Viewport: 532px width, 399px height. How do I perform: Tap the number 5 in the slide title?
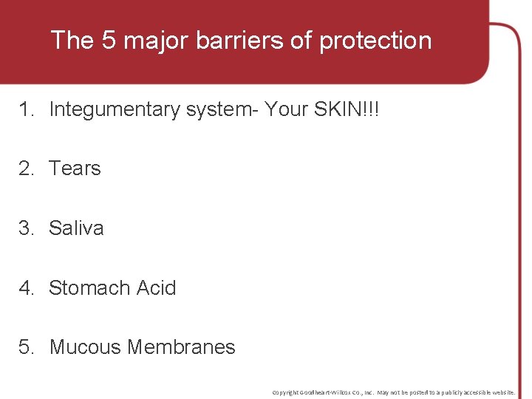click(109, 40)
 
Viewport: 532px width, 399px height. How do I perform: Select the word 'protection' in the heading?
click(375, 40)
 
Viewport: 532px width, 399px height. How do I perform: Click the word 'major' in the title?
click(157, 40)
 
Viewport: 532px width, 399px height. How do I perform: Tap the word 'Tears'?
click(75, 168)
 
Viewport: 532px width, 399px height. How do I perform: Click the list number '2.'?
click(27, 168)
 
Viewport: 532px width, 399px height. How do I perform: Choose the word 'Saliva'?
click(76, 228)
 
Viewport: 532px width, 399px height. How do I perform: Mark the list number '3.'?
click(27, 228)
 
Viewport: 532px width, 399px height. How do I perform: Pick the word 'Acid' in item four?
click(157, 287)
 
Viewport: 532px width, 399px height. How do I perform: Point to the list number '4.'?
click(27, 287)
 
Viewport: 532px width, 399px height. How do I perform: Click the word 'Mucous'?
click(85, 347)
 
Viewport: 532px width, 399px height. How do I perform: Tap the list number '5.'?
click(27, 347)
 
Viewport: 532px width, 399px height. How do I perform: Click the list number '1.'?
click(27, 109)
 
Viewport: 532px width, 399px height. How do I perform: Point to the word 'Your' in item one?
click(284, 109)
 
